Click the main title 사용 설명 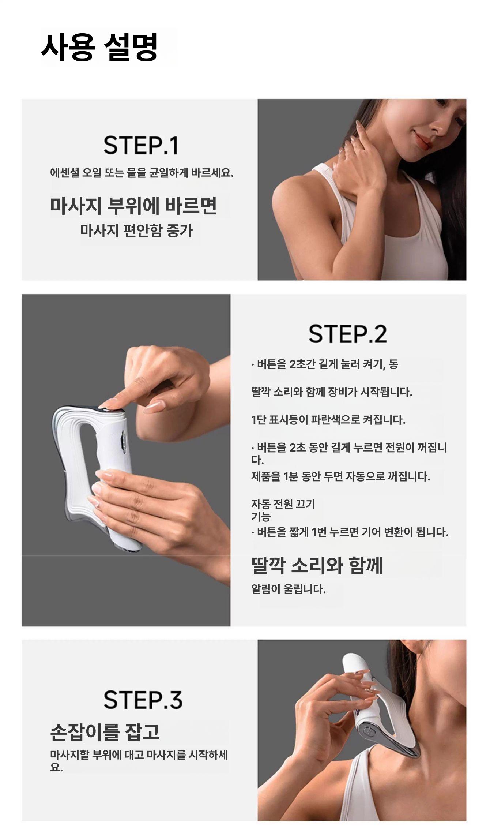[x=99, y=47]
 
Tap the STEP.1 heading [x=141, y=145]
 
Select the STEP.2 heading [x=347, y=334]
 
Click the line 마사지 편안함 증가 [x=136, y=231]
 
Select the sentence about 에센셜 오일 [x=142, y=173]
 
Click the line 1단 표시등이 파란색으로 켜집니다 [x=328, y=419]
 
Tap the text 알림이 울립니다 [x=288, y=589]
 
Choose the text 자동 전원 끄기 [x=283, y=504]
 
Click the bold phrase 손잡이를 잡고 [x=105, y=731]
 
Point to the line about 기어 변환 [x=350, y=532]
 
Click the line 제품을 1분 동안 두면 [x=340, y=476]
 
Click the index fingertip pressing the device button [x=108, y=404]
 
